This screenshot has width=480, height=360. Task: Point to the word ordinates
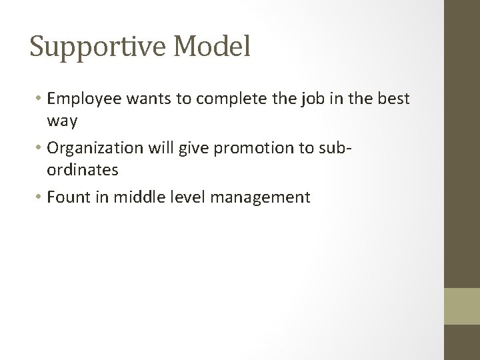tap(83, 170)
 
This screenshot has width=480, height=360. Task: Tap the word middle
tap(135, 197)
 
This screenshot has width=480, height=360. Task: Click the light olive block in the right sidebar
tap(462, 306)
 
